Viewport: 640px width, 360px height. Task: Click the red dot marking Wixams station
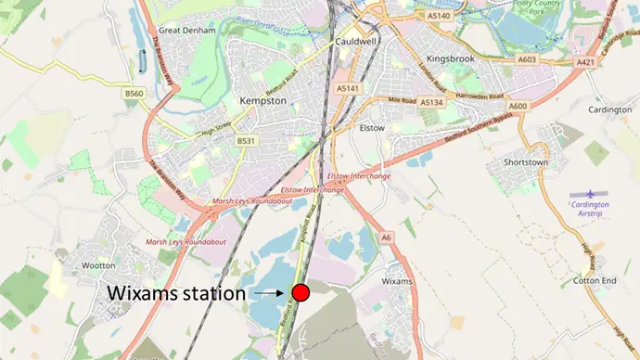click(x=301, y=293)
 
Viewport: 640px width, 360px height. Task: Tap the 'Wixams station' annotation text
click(x=176, y=293)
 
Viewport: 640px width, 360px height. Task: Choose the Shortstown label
click(x=529, y=161)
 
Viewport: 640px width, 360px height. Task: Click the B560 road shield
click(x=135, y=94)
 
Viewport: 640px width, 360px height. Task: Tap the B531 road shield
click(x=245, y=140)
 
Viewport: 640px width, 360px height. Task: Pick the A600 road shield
click(x=518, y=106)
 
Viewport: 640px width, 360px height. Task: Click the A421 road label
click(x=585, y=62)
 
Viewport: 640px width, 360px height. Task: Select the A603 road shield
click(x=527, y=59)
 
